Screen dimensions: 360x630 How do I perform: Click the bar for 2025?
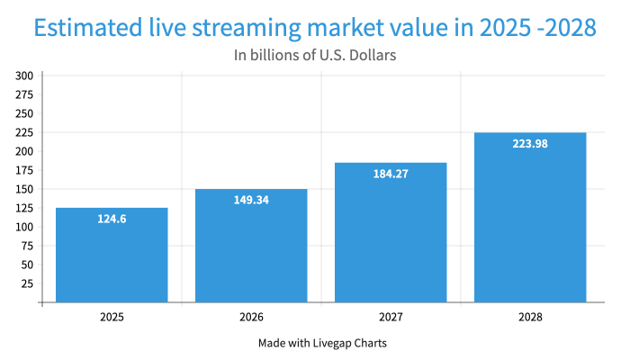(112, 256)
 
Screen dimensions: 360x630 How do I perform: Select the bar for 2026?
(251, 247)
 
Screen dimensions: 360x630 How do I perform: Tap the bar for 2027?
(391, 234)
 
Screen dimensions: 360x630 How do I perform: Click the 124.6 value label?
(112, 219)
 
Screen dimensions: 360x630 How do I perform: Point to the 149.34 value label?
(251, 201)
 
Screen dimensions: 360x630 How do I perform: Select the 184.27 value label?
(391, 174)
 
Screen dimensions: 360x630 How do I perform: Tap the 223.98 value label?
(530, 144)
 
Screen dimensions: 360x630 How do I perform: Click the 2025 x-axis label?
(112, 318)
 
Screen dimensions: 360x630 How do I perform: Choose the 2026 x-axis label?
(251, 318)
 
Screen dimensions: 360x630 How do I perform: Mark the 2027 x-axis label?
(391, 318)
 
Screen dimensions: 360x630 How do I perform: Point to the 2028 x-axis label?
(530, 318)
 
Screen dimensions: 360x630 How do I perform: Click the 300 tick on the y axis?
(24, 76)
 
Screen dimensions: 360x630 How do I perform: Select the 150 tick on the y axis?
(24, 189)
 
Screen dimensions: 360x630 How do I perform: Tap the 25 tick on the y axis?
(27, 283)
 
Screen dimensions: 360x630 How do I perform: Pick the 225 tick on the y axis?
(24, 132)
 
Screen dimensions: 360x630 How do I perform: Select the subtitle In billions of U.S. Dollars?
(315, 56)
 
